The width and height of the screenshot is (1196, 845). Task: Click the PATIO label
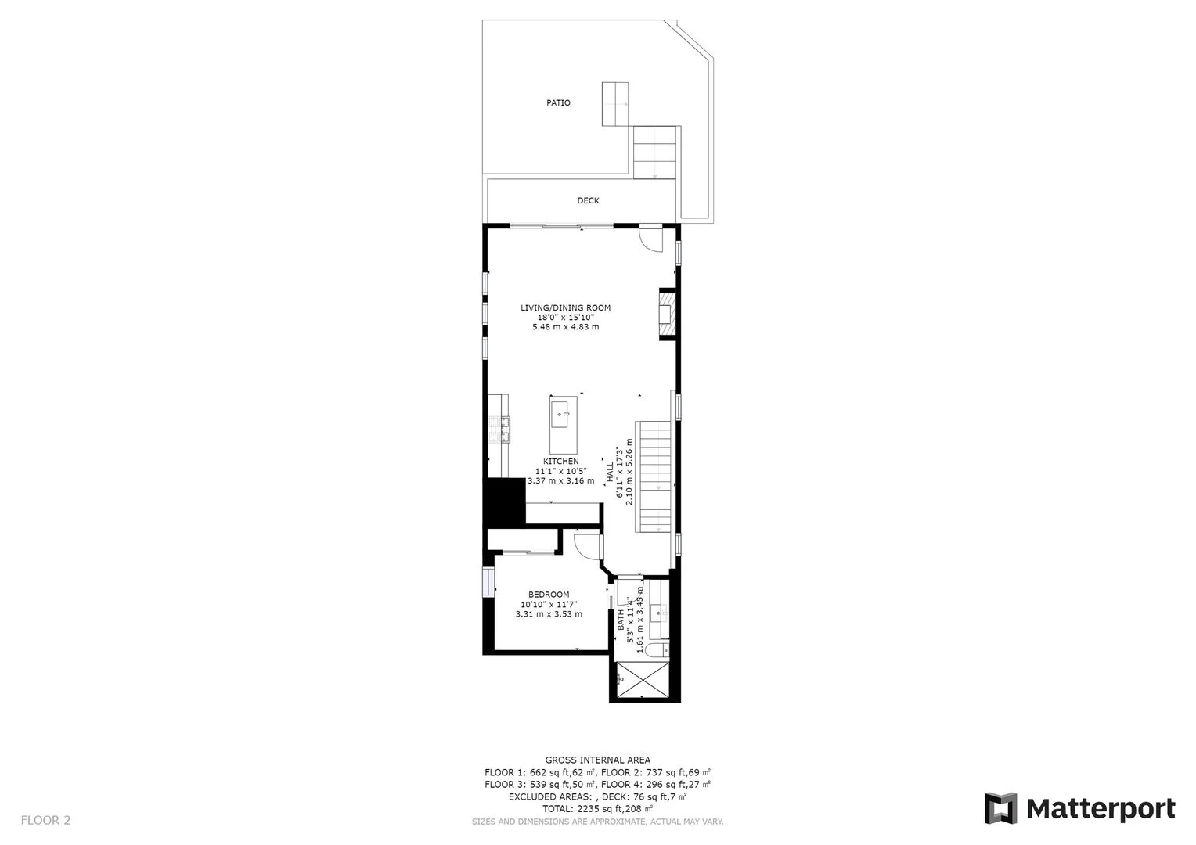(558, 102)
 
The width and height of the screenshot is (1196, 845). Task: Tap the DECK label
(588, 200)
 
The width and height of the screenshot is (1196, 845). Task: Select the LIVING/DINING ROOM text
(565, 307)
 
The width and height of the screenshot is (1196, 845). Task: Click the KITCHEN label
(560, 461)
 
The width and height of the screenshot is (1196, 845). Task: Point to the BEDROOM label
(549, 594)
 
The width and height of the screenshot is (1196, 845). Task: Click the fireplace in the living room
(668, 314)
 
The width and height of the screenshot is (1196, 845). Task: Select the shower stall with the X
(643, 680)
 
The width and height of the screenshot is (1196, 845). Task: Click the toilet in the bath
(656, 650)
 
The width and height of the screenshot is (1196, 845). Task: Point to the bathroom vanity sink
(659, 613)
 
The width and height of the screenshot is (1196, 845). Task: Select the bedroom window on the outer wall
(488, 582)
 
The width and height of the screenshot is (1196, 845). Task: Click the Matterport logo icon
(1000, 809)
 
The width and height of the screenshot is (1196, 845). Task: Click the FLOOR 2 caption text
(45, 820)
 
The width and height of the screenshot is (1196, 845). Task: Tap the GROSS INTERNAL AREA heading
(597, 760)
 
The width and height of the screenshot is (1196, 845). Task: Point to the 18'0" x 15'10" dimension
(565, 317)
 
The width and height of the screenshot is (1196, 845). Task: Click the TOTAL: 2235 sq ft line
(597, 809)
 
